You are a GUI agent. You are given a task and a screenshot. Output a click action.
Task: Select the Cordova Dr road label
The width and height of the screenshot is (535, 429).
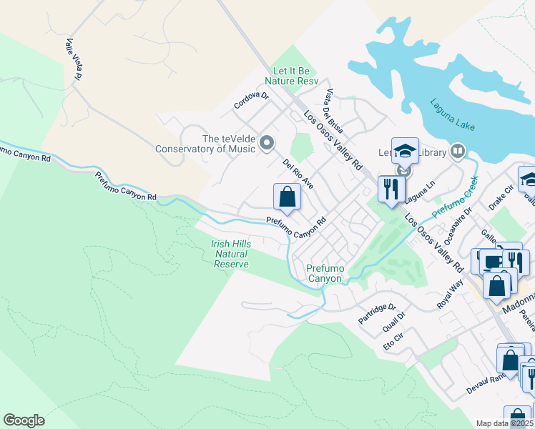point(251,101)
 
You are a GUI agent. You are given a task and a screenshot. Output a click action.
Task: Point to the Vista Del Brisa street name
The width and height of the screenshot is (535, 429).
point(334,112)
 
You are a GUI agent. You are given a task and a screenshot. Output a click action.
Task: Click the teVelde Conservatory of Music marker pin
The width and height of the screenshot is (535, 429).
point(267,144)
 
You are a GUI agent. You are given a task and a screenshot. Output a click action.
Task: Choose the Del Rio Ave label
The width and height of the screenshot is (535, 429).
point(298,174)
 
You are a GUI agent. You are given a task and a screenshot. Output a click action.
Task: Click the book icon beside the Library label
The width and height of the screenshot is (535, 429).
point(457,152)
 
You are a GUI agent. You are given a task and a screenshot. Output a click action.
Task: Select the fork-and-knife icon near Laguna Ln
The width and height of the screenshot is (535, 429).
point(390,189)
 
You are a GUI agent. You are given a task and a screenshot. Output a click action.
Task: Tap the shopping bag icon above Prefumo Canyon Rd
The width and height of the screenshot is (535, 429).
point(286,196)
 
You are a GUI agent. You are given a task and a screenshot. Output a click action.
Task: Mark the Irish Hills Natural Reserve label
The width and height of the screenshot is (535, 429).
point(232,254)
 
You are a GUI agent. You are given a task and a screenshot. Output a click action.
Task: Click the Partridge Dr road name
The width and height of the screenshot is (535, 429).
point(377,312)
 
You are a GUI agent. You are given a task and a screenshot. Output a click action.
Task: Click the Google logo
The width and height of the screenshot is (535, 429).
point(24,420)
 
